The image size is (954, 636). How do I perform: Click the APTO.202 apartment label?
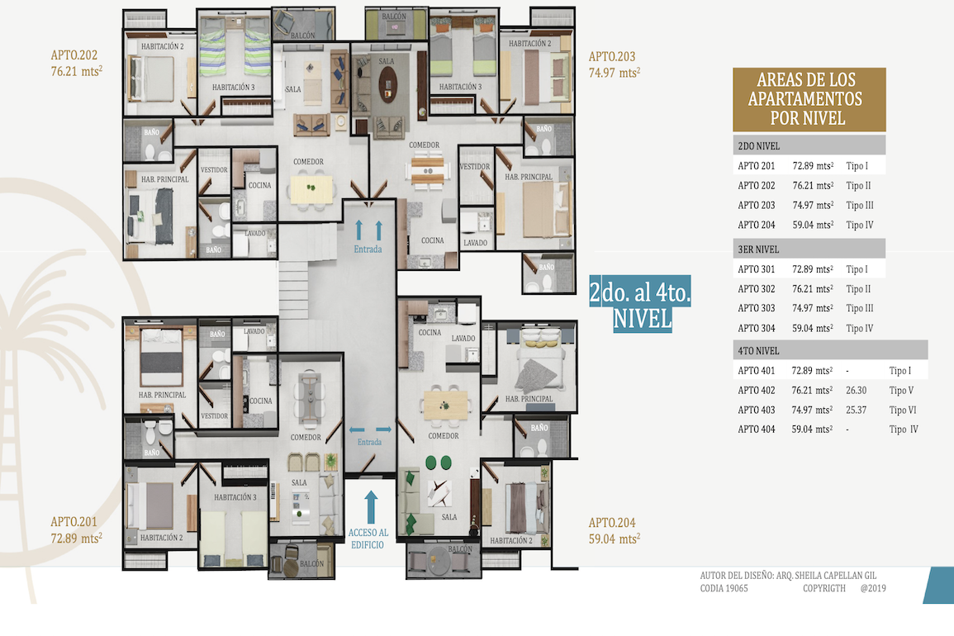pyautogui.click(x=74, y=55)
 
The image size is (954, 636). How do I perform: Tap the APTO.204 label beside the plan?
pyautogui.click(x=612, y=523)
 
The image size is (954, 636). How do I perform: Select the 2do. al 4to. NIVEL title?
pyautogui.click(x=640, y=304)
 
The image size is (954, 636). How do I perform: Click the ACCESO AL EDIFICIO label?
pyautogui.click(x=368, y=539)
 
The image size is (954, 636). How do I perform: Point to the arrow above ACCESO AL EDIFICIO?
pyautogui.click(x=371, y=507)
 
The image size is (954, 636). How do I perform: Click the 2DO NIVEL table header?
pyautogui.click(x=759, y=146)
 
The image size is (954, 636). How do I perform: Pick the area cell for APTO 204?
pyautogui.click(x=813, y=225)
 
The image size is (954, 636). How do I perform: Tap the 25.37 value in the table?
pyautogui.click(x=856, y=410)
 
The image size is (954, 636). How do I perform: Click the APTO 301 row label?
pyautogui.click(x=757, y=269)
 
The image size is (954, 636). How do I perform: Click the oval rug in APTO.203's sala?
pyautogui.click(x=387, y=84)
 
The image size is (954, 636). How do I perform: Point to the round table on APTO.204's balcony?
pyautogui.click(x=438, y=561)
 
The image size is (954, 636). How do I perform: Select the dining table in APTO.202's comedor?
pyautogui.click(x=311, y=189)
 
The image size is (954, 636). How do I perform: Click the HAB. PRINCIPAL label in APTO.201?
pyautogui.click(x=162, y=395)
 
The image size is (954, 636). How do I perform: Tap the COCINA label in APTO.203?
pyautogui.click(x=433, y=240)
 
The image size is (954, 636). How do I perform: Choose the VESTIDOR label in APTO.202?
pyautogui.click(x=214, y=170)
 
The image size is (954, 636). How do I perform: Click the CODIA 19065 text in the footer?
pyautogui.click(x=724, y=589)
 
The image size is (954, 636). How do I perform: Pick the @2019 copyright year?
pyautogui.click(x=873, y=589)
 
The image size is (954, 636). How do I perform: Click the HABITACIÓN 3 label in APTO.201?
pyautogui.click(x=235, y=497)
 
